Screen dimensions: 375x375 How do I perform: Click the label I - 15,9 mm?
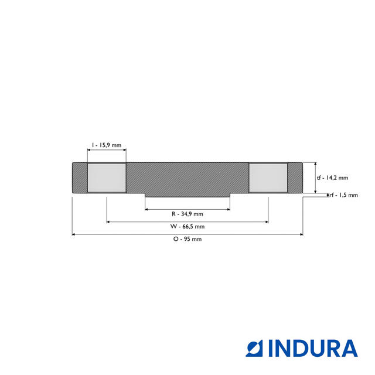(x=106, y=144)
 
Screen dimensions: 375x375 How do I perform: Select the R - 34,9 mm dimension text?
(x=187, y=214)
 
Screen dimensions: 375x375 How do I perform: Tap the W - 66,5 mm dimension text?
(x=187, y=226)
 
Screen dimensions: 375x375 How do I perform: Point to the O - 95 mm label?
(x=187, y=239)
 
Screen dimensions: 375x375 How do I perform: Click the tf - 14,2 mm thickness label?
(x=332, y=178)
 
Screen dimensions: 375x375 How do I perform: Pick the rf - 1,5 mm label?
(x=343, y=195)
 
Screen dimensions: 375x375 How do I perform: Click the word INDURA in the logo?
(x=313, y=348)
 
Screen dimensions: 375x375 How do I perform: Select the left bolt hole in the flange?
(x=106, y=178)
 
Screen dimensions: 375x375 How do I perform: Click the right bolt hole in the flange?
(x=268, y=178)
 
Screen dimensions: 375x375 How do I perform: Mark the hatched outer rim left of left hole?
(x=79, y=178)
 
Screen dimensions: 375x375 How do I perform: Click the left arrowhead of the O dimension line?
(x=74, y=234)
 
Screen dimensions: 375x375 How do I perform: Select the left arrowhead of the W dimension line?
(x=109, y=221)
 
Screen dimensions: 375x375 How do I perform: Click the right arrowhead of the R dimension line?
(x=227, y=209)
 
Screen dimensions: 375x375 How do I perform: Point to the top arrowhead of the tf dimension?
(x=316, y=165)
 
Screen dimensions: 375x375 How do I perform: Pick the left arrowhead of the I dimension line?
(x=89, y=150)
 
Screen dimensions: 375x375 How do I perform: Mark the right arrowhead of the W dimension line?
(x=266, y=221)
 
